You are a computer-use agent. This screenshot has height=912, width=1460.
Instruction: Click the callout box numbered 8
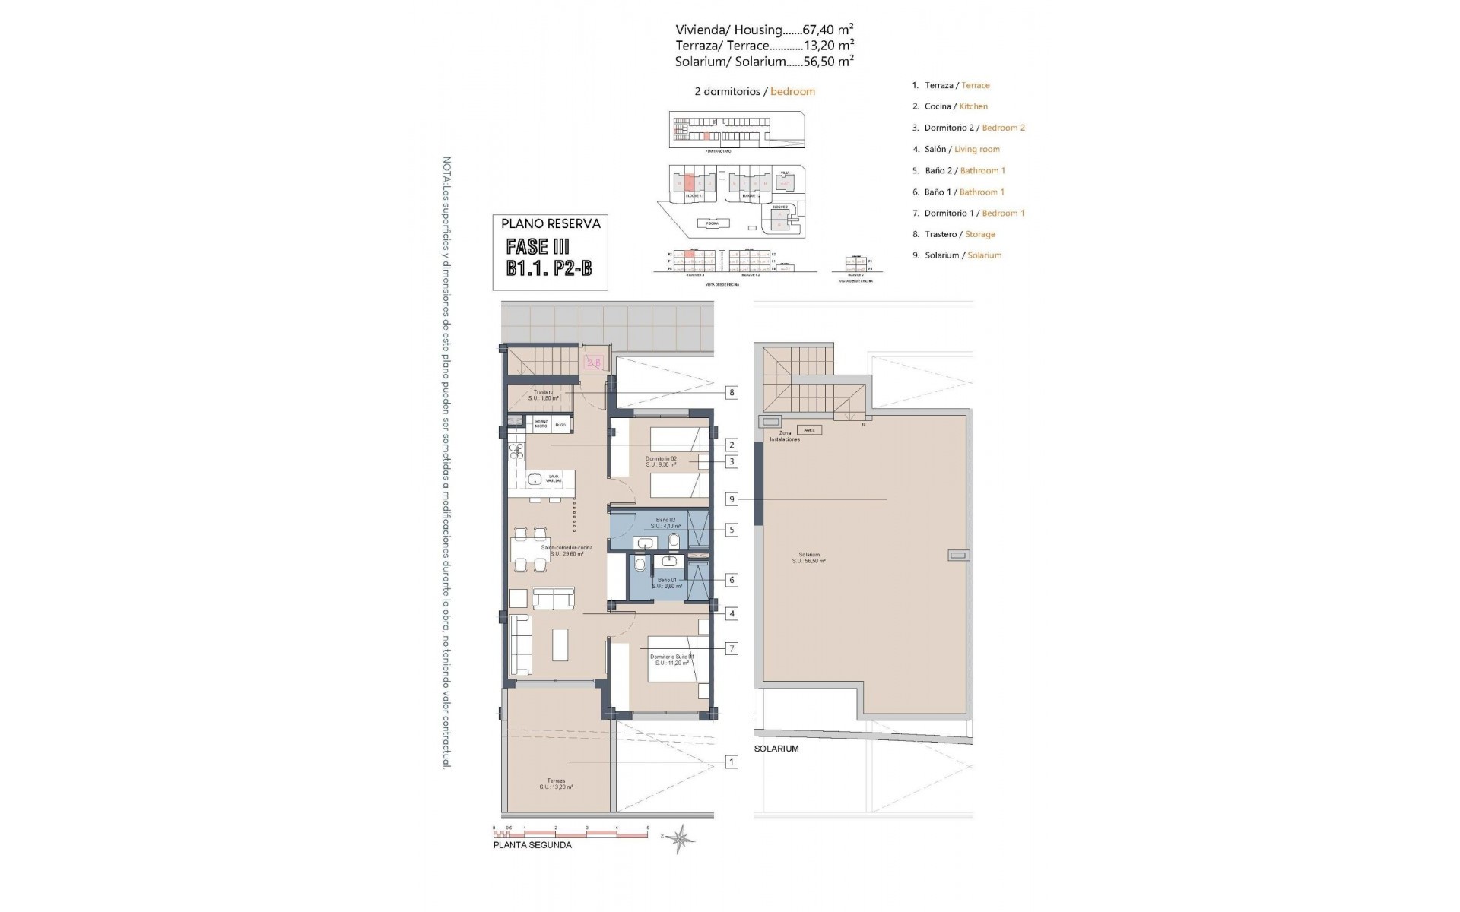(x=732, y=393)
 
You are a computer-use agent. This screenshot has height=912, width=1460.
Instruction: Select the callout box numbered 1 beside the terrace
(x=732, y=762)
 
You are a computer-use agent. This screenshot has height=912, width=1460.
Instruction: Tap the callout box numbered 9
(x=732, y=499)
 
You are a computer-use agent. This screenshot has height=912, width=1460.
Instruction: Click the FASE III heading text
(x=538, y=246)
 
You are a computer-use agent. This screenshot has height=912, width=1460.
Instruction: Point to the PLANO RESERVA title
(x=551, y=223)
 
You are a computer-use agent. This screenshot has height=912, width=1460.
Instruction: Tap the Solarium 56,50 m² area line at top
(x=763, y=62)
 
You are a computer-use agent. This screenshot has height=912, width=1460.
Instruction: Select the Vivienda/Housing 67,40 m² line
(x=763, y=30)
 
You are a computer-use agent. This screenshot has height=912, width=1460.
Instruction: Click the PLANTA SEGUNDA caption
(x=532, y=844)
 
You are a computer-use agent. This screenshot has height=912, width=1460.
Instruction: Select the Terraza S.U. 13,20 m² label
(x=556, y=784)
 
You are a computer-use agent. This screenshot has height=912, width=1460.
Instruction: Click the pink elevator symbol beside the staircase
(x=594, y=363)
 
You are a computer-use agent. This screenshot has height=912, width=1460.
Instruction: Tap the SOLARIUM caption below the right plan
(x=776, y=749)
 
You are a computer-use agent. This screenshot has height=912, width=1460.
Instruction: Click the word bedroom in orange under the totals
(x=792, y=91)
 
